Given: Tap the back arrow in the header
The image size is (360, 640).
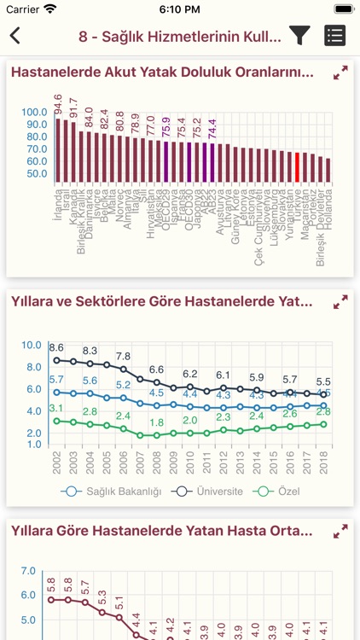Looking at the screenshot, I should (15, 36).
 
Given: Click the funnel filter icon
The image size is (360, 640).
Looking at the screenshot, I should (299, 35).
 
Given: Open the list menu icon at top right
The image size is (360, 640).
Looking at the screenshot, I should (335, 35).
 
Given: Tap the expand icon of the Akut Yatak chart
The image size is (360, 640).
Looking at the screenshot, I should (340, 73).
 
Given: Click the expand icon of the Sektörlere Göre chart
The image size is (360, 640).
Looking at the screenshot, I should (340, 302).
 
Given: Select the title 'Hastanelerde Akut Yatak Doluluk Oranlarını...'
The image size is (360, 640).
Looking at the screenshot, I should (162, 73).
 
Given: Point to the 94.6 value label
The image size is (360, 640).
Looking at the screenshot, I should (58, 104).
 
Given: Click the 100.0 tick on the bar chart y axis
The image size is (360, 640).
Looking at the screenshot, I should (34, 112).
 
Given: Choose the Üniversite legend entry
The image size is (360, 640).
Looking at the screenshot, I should (212, 492).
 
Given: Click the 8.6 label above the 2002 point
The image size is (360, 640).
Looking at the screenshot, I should (56, 347).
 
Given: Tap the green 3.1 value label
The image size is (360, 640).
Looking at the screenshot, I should (56, 409).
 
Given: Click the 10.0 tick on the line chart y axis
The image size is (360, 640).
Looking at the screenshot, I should (32, 345).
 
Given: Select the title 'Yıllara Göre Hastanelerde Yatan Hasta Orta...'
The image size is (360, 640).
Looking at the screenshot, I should (162, 531).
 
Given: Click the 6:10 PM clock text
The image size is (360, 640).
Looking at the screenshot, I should (180, 9).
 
